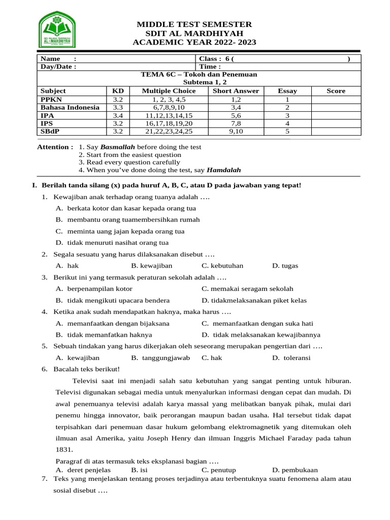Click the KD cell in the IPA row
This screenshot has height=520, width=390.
click(x=118, y=115)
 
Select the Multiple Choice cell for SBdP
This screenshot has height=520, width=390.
click(x=169, y=131)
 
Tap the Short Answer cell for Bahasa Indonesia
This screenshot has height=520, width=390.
click(x=236, y=107)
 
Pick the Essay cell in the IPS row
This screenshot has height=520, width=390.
click(x=287, y=123)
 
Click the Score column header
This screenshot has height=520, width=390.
click(x=336, y=91)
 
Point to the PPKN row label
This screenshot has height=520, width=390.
click(x=51, y=99)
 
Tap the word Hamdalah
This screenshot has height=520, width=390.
click(x=224, y=170)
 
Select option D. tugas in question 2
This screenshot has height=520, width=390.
click(x=285, y=266)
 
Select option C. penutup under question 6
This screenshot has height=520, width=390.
click(x=218, y=470)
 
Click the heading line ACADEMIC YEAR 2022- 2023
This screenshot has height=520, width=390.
click(x=194, y=43)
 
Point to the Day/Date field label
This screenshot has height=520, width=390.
click(x=58, y=67)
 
